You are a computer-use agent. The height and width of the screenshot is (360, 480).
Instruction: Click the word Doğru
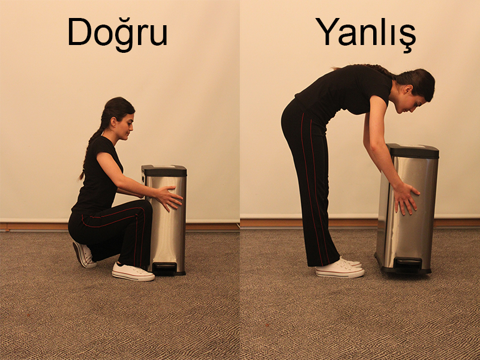pyautogui.click(x=118, y=34)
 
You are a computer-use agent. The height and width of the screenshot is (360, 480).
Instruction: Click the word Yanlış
pyautogui.click(x=366, y=34)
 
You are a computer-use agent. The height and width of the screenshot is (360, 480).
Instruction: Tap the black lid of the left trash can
pyautogui.click(x=164, y=170)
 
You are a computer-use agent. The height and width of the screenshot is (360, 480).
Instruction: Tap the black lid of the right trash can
pyautogui.click(x=413, y=151)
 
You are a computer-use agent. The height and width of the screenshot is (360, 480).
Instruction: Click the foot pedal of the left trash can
pyautogui.click(x=164, y=268)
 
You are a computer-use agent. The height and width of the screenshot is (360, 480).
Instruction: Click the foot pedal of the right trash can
pyautogui.click(x=408, y=264)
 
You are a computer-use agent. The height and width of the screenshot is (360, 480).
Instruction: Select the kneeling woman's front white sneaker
pyautogui.click(x=133, y=272)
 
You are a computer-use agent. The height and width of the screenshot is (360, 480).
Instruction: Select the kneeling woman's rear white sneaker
pyautogui.click(x=83, y=254)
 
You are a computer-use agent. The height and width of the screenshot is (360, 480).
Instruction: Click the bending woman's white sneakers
pyautogui.click(x=340, y=268)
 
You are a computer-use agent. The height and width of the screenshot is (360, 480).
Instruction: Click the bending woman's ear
pyautogui.click(x=407, y=89)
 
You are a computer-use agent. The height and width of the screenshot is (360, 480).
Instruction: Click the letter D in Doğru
pyautogui.click(x=80, y=32)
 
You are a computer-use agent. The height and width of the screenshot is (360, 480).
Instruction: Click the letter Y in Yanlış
pyautogui.click(x=328, y=32)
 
